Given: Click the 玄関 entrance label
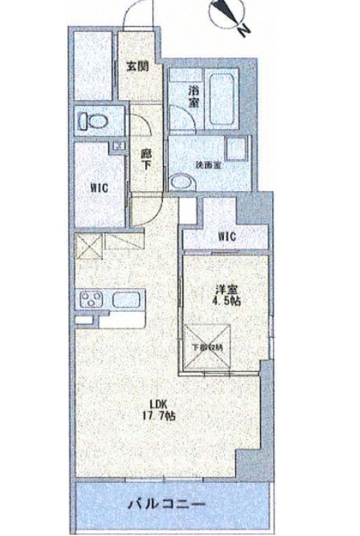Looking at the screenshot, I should pos(136,66).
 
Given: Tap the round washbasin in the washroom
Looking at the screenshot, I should pos(180,182).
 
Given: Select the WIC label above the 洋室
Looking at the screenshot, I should pos(227,236).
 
